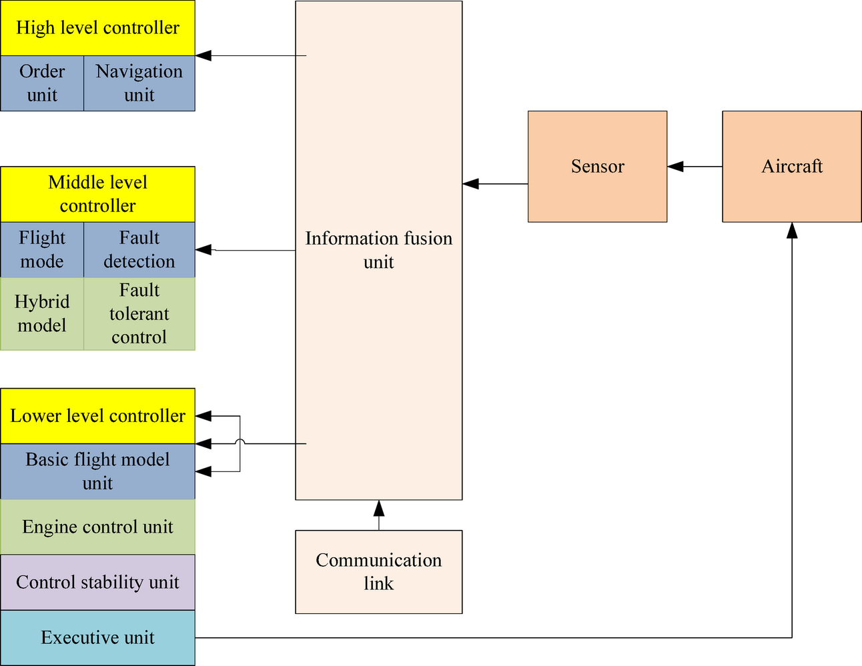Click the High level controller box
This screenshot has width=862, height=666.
point(97,28)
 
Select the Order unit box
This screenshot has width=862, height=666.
point(42,83)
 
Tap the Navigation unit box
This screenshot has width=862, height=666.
point(139,83)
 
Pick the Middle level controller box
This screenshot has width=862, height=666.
point(97,194)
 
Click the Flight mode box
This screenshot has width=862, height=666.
point(42,249)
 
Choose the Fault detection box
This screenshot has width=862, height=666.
point(139,249)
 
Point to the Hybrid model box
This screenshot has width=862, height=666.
point(42,313)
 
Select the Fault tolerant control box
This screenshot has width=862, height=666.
point(139,313)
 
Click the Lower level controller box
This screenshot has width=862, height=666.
point(97,416)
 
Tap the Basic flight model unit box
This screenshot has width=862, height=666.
point(97,471)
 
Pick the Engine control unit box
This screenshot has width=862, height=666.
point(97,527)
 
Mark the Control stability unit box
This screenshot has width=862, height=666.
point(97,582)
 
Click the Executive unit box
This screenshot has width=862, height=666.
point(97,638)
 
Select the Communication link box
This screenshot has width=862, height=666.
point(378,572)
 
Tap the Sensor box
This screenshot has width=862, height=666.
point(597,167)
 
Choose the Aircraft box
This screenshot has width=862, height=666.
point(792,167)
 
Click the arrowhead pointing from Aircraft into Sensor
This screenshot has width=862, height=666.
point(675,167)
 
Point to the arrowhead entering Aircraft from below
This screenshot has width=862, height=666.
point(792,230)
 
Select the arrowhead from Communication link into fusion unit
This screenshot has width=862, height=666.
point(379,508)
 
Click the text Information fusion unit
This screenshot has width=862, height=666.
point(378,250)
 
